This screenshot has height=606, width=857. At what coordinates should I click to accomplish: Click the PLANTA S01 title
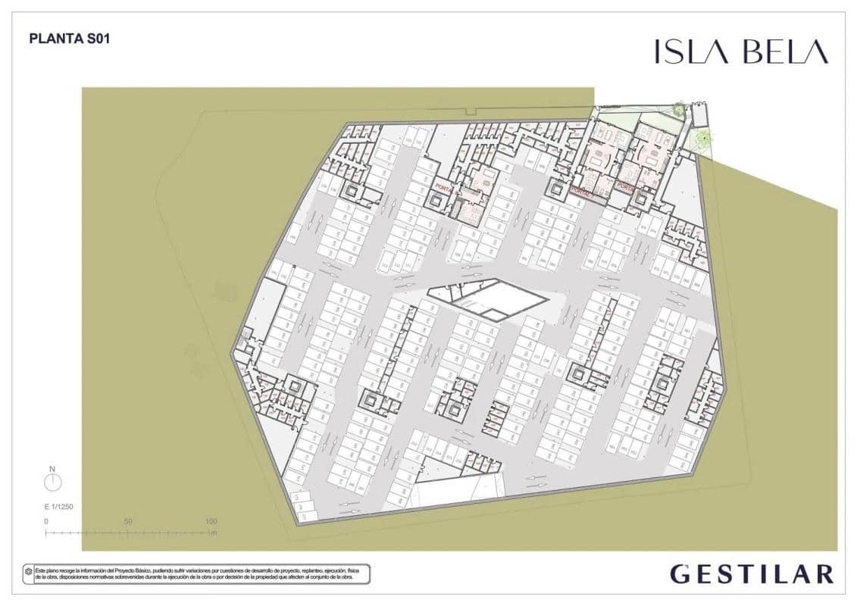point(69,38)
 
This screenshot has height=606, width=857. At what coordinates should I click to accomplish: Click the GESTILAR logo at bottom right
point(752,573)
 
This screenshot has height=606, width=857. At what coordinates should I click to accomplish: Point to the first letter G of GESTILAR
point(680,573)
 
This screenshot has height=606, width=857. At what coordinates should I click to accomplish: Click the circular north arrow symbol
point(53,483)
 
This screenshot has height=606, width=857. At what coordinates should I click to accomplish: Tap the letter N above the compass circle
point(53,469)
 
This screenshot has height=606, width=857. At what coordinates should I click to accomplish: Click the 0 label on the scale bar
point(46,521)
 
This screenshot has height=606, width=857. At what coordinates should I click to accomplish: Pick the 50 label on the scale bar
point(128,521)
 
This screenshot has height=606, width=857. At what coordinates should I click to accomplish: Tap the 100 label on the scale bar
point(211,521)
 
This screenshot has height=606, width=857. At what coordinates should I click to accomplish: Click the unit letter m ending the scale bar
point(215,533)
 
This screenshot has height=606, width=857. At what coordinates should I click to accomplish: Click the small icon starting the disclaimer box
point(30,570)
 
